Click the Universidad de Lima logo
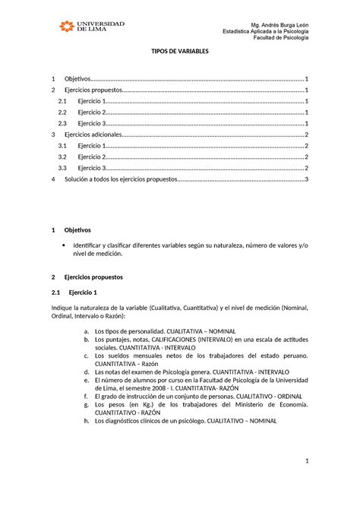pyautogui.click(x=92, y=27)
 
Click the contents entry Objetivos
pyautogui.click(x=77, y=79)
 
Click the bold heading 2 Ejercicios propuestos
pyautogui.click(x=98, y=278)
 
